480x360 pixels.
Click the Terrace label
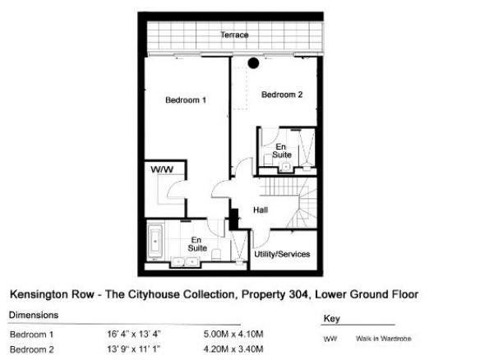coord(234,35)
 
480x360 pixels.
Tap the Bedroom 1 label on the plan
coord(186,99)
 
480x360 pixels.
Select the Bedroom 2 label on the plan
coord(282,95)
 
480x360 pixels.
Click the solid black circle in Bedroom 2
coord(253,63)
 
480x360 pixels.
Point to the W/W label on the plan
coord(162,169)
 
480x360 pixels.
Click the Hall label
coord(261,210)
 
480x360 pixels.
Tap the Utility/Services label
coord(282,254)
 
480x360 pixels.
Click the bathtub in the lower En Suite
coord(155,242)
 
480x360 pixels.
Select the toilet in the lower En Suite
coord(216,255)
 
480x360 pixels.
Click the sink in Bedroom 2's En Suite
coord(285,167)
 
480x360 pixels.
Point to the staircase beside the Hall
coord(288,202)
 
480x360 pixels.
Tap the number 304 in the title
coord(298,294)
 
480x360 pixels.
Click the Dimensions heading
coord(34,315)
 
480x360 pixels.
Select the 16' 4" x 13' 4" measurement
coord(134,334)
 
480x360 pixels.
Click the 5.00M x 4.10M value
coord(233,334)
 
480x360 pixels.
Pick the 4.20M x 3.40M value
coord(233,348)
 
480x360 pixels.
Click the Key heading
coord(332,319)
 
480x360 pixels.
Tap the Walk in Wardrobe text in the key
coord(384,339)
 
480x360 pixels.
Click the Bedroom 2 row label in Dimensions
coord(32,349)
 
